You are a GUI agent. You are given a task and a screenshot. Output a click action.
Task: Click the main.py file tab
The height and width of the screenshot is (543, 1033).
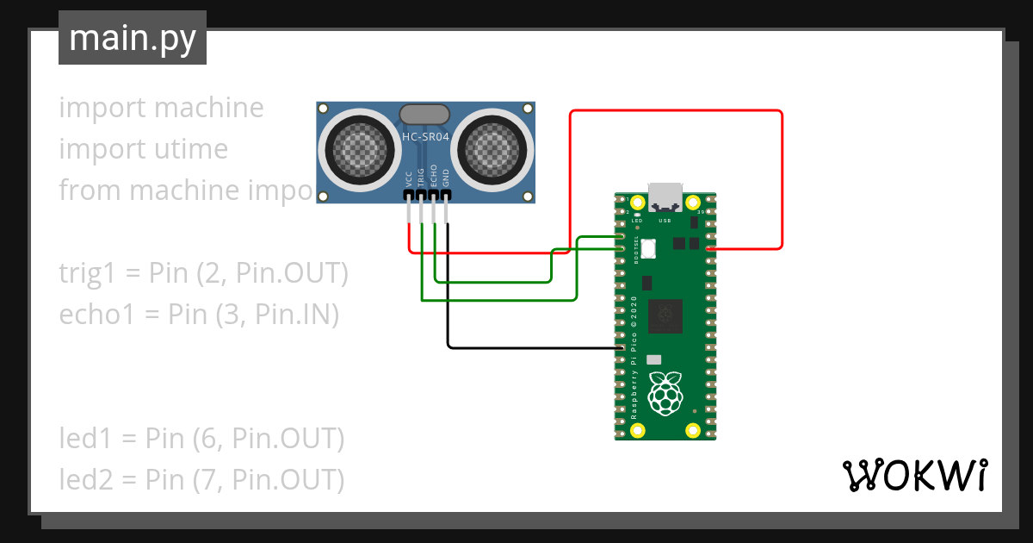(132, 38)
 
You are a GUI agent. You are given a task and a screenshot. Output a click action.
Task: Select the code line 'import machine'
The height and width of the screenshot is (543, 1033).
(161, 108)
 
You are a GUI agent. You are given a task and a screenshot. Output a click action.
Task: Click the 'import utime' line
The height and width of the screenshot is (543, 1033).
(143, 149)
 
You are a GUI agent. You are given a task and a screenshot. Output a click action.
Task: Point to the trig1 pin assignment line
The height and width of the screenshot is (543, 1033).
(203, 273)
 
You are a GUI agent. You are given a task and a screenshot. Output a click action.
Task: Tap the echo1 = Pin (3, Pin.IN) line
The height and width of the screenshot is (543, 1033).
(199, 315)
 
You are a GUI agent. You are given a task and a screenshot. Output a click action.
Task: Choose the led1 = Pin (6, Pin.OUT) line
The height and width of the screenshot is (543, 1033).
(201, 439)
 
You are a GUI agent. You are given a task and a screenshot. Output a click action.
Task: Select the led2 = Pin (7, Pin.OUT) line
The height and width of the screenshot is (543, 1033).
(201, 479)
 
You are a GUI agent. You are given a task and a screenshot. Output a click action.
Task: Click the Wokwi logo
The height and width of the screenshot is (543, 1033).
(913, 475)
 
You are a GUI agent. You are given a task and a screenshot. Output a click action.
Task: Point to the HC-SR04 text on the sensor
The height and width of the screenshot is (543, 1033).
(425, 136)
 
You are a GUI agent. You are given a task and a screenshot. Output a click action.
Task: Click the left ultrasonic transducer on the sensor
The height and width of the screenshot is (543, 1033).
(357, 150)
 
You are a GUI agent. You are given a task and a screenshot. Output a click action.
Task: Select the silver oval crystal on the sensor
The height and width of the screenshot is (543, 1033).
(425, 113)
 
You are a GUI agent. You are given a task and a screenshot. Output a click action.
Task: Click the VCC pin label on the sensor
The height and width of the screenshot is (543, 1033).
(408, 178)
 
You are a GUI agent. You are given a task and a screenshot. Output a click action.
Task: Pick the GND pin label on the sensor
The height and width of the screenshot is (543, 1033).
(446, 178)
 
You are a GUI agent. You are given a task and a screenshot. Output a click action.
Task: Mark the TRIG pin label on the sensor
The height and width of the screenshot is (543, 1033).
(421, 178)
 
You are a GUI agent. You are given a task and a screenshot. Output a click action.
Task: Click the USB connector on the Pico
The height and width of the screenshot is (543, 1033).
(665, 197)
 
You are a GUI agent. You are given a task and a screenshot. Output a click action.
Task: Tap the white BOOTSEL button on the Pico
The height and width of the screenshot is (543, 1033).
(648, 248)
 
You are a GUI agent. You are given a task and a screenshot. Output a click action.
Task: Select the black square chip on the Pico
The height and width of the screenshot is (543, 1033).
(665, 315)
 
